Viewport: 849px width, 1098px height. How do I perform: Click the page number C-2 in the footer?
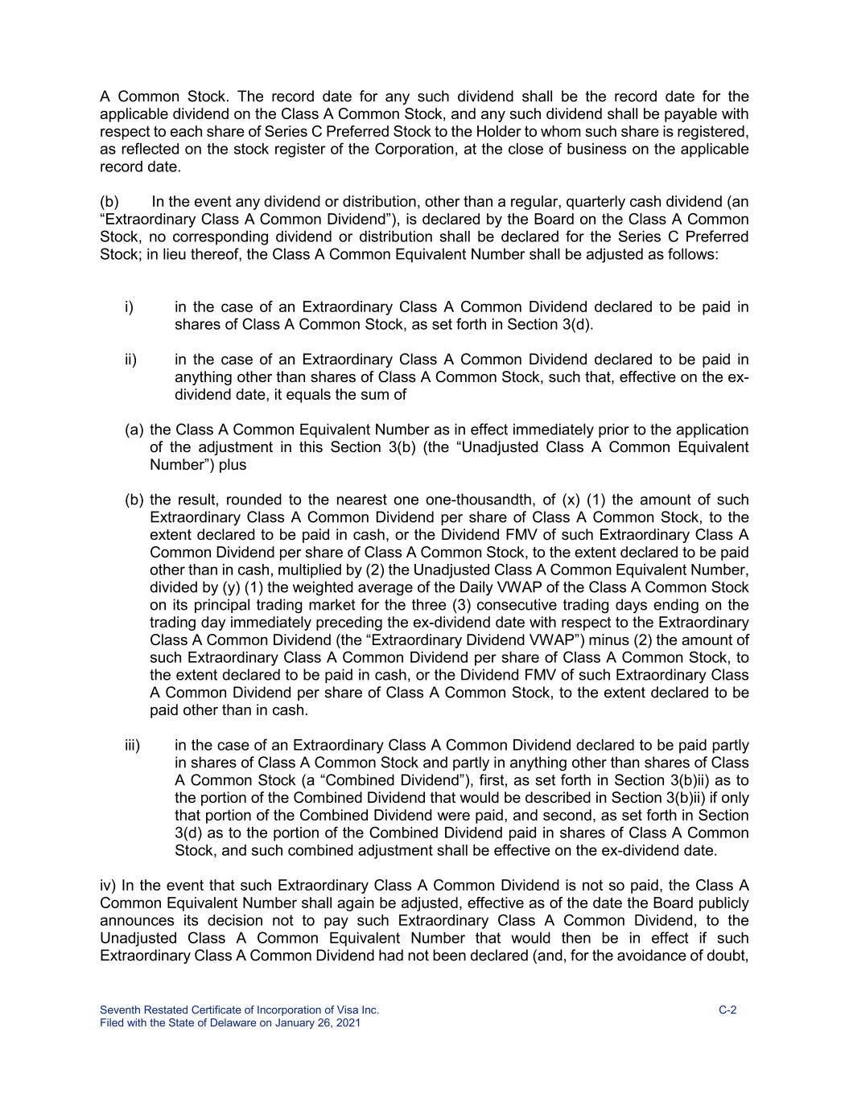click(727, 1010)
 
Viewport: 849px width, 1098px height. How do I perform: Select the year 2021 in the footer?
click(348, 1023)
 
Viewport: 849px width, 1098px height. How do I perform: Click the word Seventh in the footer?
click(120, 1010)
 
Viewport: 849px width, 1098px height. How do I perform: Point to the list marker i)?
click(129, 307)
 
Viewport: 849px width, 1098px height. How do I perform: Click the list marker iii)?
click(132, 746)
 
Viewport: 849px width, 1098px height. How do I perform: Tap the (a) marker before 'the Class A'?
click(134, 430)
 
